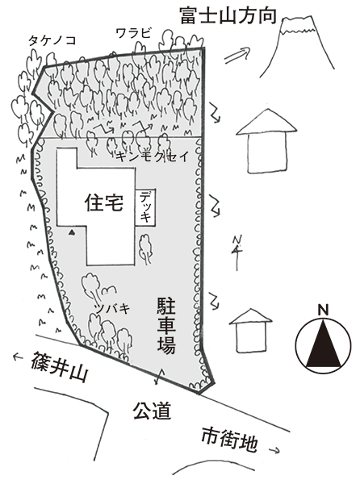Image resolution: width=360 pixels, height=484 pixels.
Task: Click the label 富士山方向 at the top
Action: [228, 16]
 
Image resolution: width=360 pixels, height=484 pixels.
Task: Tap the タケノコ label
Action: [52, 41]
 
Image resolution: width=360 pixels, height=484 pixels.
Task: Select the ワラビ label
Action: [133, 33]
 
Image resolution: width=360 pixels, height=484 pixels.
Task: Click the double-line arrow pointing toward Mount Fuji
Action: [237, 56]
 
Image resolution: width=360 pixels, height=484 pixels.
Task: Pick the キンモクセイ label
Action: [153, 157]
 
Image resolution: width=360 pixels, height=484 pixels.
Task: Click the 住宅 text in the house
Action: [104, 202]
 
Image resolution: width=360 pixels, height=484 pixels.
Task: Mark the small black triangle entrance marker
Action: [72, 232]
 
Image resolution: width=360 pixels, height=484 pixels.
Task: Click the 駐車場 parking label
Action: [166, 325]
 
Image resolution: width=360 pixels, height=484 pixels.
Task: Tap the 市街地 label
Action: [229, 440]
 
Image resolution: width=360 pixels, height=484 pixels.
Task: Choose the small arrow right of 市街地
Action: [274, 451]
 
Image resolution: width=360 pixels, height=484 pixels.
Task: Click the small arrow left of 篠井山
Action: [19, 357]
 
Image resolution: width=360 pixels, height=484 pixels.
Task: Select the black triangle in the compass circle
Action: [323, 343]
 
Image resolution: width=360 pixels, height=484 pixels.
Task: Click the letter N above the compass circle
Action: [323, 310]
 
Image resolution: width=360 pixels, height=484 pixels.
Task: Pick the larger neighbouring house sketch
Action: [266, 140]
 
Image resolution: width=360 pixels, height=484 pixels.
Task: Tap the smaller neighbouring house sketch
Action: [251, 331]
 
